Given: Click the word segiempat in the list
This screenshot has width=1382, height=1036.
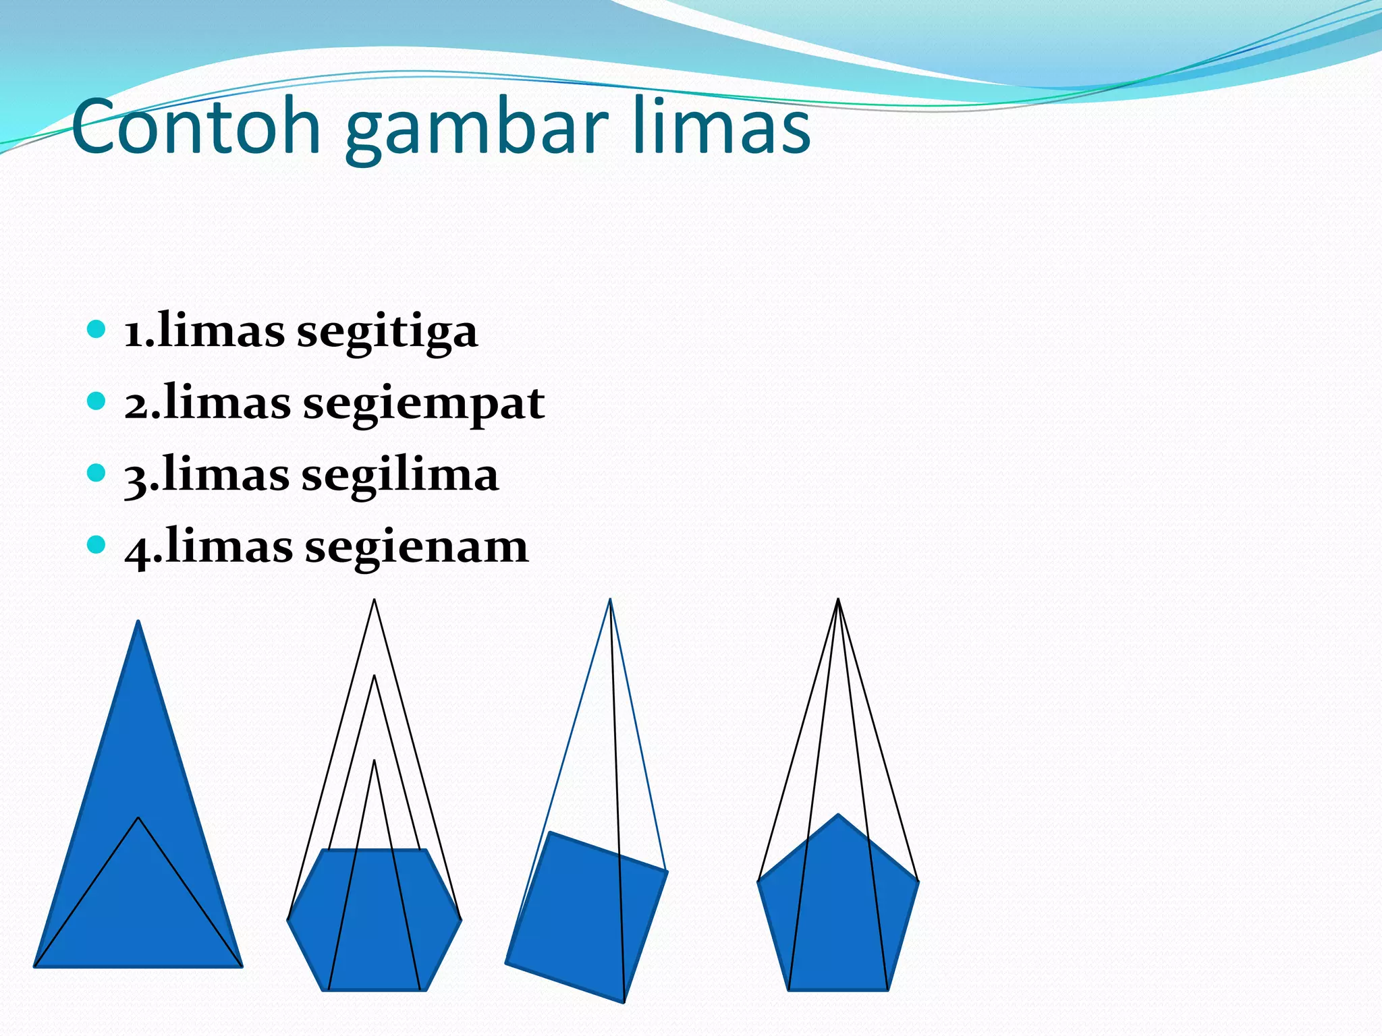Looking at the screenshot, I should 423,404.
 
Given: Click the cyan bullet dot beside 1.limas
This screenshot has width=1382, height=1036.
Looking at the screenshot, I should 96,330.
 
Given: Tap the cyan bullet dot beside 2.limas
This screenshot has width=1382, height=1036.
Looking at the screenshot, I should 96,401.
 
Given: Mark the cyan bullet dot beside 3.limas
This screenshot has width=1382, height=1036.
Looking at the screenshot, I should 96,473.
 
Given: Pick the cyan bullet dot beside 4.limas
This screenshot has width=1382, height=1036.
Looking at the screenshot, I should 96,544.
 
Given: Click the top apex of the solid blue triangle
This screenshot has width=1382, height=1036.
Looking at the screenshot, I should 138,623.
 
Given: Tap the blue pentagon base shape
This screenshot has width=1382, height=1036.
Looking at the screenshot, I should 838,911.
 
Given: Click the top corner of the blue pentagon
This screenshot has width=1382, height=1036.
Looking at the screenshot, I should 838,815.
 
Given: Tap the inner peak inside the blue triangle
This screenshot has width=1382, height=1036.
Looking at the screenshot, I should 138,818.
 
